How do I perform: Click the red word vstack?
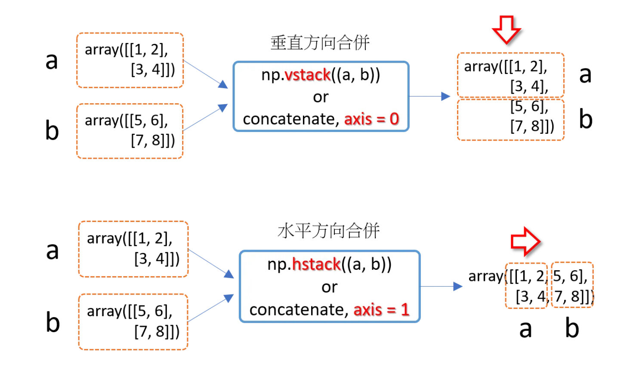[x=308, y=75]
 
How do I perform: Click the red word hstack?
[x=316, y=264]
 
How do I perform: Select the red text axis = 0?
[x=372, y=119]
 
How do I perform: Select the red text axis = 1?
[x=381, y=309]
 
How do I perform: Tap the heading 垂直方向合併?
[x=320, y=43]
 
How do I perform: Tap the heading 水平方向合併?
[x=329, y=231]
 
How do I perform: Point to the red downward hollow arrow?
[x=507, y=29]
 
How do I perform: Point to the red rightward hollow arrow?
[x=525, y=241]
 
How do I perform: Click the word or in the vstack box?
[x=321, y=97]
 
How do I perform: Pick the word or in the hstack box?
[x=329, y=287]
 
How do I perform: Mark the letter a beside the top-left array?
[x=52, y=60]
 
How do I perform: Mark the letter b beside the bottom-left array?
[x=53, y=322]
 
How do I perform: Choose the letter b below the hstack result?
[x=572, y=328]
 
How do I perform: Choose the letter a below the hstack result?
[x=525, y=329]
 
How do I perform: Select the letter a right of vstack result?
[x=585, y=74]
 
